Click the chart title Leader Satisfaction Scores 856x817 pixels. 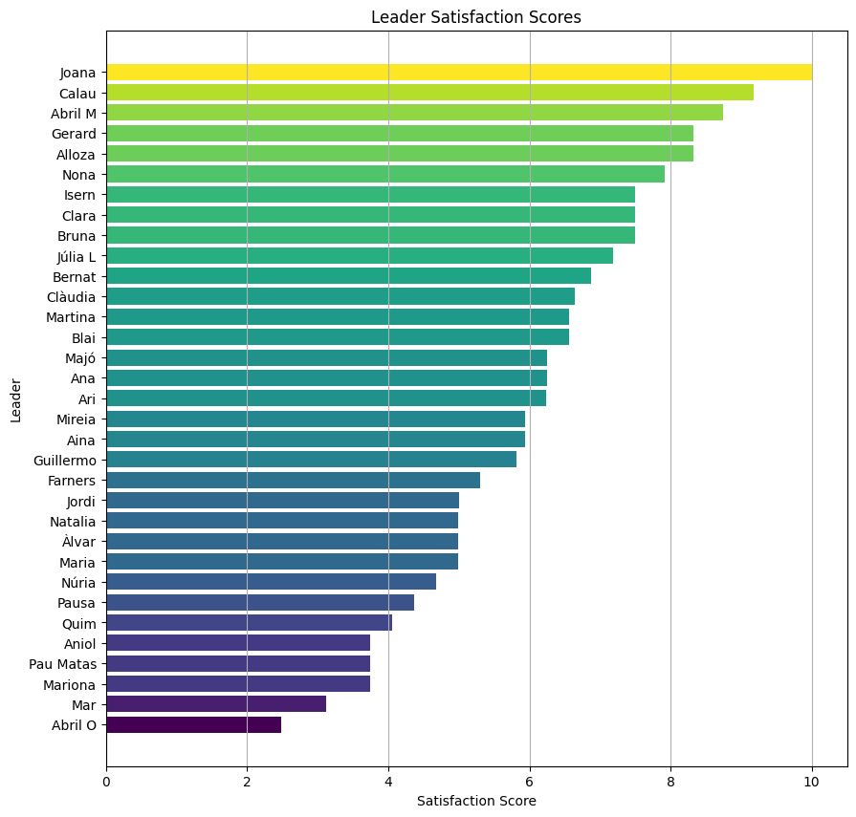pyautogui.click(x=476, y=17)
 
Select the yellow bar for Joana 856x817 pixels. pyautogui.click(x=459, y=72)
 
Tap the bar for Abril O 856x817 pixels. pyautogui.click(x=193, y=725)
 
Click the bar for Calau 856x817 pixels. pyautogui.click(x=429, y=93)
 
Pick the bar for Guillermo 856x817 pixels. pyautogui.click(x=311, y=460)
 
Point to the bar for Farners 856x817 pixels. pyautogui.click(x=293, y=481)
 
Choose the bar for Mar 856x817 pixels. pyautogui.click(x=216, y=704)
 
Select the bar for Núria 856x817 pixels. pyautogui.click(x=271, y=582)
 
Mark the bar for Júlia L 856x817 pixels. pyautogui.click(x=360, y=255)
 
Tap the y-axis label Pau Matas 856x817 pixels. pyautogui.click(x=63, y=664)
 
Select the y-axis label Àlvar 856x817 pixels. pyautogui.click(x=78, y=542)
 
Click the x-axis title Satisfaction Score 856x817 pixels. pyautogui.click(x=476, y=801)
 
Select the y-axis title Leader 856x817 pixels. pyautogui.click(x=16, y=398)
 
